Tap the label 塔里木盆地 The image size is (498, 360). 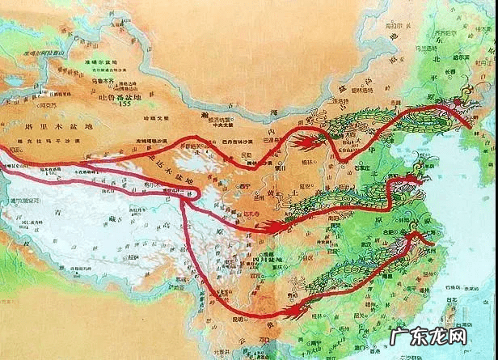(61, 127)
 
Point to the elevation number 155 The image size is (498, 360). (124, 104)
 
